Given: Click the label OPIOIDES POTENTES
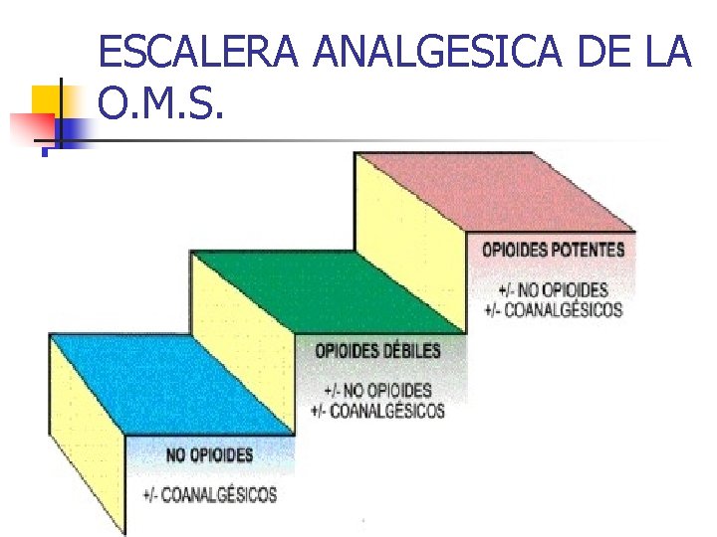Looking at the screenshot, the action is click(x=554, y=250).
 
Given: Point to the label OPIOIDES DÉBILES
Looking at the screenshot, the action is click(x=377, y=351).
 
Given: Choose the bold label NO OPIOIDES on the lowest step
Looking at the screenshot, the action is click(x=209, y=455).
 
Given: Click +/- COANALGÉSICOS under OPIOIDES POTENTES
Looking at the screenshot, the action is click(x=553, y=309).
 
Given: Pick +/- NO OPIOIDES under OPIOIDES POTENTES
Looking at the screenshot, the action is click(x=553, y=289).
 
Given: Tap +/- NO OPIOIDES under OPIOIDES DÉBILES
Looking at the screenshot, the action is click(x=377, y=389).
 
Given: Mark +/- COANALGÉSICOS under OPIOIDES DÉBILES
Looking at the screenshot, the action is click(x=377, y=410).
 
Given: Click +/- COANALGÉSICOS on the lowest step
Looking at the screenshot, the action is click(x=209, y=494).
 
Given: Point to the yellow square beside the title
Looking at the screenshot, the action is click(x=48, y=100).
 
